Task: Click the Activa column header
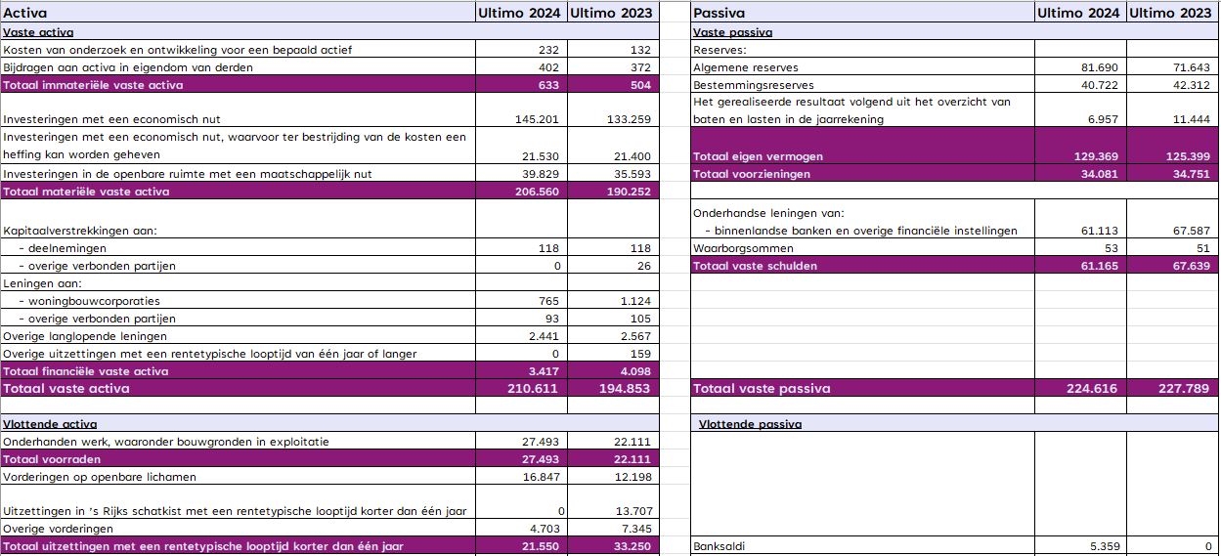tap(25, 13)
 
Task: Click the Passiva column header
tap(719, 13)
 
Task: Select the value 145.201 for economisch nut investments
tap(537, 119)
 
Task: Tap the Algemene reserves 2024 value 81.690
tap(1100, 67)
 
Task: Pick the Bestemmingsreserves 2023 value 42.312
tap(1191, 85)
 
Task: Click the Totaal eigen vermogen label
tap(758, 156)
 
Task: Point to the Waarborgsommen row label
tap(743, 248)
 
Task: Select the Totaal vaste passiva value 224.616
tap(1092, 389)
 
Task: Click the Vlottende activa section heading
tap(50, 424)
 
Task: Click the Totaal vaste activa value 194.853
tap(625, 389)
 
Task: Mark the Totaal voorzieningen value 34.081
tap(1100, 174)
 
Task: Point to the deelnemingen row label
tap(63, 248)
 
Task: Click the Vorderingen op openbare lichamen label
tap(99, 477)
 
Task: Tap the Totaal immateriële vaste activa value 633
tap(548, 85)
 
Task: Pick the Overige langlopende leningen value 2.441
tap(544, 336)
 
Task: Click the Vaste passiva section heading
tap(732, 32)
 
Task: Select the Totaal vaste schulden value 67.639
tap(1191, 266)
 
